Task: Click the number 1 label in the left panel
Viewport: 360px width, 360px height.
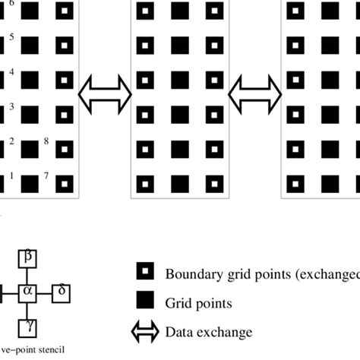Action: coord(11,175)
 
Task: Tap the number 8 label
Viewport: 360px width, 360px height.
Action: coord(46,141)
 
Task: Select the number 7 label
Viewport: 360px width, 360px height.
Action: coord(46,175)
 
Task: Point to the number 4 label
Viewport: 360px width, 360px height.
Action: coord(11,71)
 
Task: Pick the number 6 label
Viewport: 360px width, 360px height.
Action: coord(11,4)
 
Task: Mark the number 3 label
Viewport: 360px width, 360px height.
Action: coord(11,106)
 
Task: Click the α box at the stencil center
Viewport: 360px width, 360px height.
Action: coord(28,290)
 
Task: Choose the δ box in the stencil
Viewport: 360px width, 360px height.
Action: coord(62,290)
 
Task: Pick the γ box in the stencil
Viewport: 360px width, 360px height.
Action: coord(28,324)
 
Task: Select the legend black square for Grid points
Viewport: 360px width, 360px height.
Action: coord(145,302)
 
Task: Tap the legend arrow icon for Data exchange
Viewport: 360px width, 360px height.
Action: coord(144,331)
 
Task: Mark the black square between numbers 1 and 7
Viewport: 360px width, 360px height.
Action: coord(30,183)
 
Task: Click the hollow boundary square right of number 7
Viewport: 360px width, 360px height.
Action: coord(65,183)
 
